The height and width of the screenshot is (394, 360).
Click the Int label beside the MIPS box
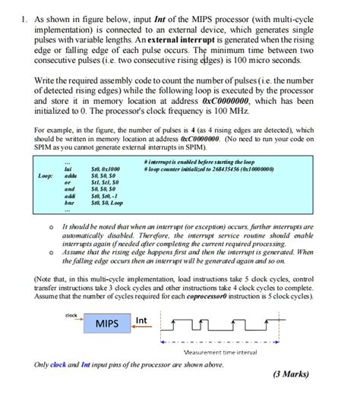141,321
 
